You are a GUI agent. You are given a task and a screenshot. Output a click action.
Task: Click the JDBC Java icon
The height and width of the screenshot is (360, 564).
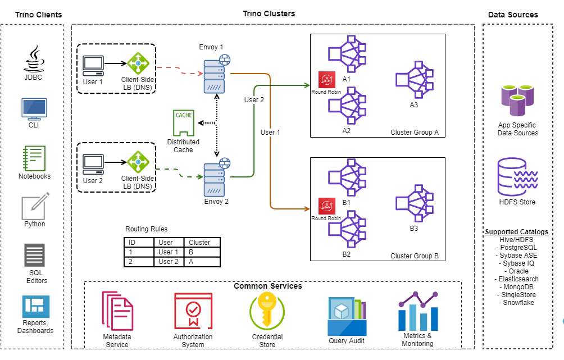point(33,58)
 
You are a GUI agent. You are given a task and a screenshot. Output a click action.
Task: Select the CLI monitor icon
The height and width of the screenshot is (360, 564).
point(33,108)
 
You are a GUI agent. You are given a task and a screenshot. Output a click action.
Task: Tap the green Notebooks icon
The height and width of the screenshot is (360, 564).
point(34,158)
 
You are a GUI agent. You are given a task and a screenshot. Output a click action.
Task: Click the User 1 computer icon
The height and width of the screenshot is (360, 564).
point(93,65)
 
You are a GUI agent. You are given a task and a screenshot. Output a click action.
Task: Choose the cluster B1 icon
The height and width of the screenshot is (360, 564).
point(347,178)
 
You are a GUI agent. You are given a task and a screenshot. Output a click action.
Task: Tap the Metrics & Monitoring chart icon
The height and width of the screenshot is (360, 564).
point(417,312)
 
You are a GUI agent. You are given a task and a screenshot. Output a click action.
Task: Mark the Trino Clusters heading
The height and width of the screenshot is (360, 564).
point(269,13)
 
